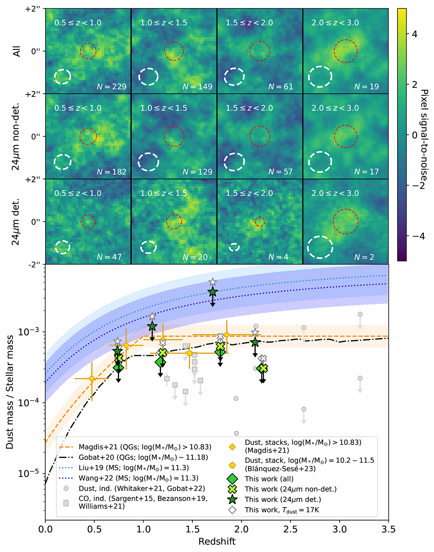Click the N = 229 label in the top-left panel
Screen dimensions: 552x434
click(111, 87)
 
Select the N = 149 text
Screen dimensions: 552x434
click(197, 87)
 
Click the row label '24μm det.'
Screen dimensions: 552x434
click(16, 222)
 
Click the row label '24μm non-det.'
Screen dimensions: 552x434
click(16, 136)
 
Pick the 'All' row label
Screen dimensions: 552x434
click(16, 51)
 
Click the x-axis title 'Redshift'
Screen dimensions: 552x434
click(217, 542)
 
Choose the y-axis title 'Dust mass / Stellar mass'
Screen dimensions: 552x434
click(10, 392)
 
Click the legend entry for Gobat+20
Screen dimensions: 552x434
click(143, 458)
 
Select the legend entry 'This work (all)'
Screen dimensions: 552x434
click(269, 479)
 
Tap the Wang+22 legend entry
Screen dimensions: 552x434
click(139, 478)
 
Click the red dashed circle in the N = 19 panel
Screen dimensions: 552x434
click(345, 51)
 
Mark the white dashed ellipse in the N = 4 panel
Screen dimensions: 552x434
click(234, 247)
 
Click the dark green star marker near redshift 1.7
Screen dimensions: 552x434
click(213, 292)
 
